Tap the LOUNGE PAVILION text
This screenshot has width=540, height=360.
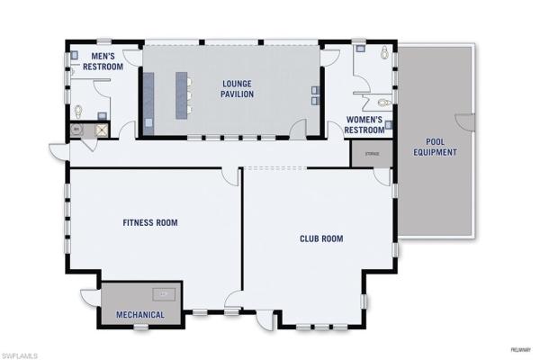[238, 88]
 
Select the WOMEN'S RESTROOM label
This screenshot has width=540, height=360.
[365, 124]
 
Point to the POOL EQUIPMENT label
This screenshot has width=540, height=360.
[435, 147]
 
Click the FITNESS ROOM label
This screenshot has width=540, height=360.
[150, 222]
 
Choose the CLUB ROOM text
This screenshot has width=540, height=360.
[321, 238]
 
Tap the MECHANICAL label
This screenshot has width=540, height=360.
[139, 314]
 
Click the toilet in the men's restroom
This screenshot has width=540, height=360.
[78, 112]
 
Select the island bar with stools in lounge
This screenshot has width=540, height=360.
[181, 92]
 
